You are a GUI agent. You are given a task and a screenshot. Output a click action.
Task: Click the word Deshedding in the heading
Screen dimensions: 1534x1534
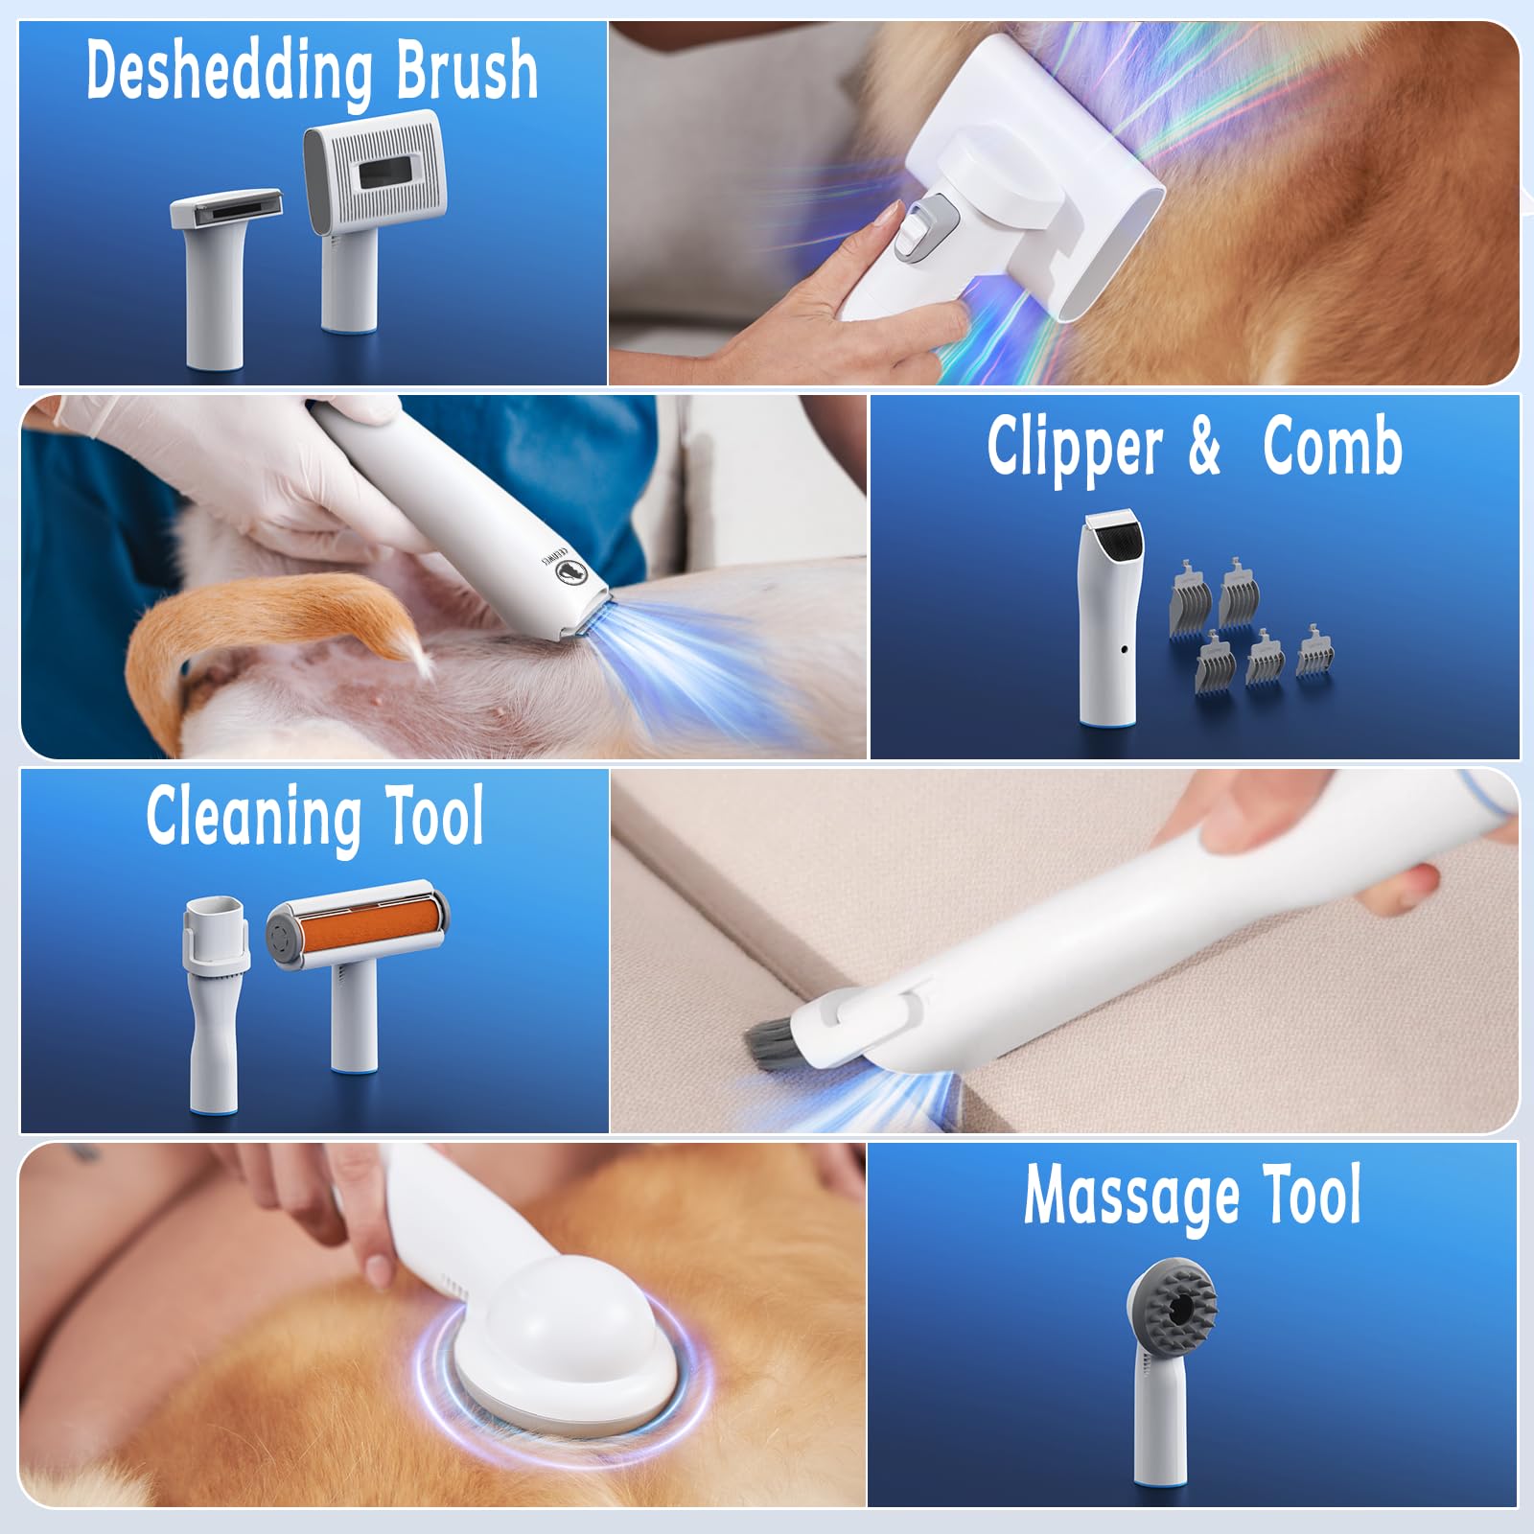[228, 71]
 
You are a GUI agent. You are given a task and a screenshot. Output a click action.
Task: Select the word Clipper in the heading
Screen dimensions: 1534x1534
[1075, 447]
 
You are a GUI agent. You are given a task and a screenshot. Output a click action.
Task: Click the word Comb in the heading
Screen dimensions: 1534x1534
[1332, 447]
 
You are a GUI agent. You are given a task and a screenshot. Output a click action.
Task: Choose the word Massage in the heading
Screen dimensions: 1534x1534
[1131, 1195]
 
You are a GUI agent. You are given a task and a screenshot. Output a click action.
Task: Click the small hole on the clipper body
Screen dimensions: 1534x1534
[1125, 649]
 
